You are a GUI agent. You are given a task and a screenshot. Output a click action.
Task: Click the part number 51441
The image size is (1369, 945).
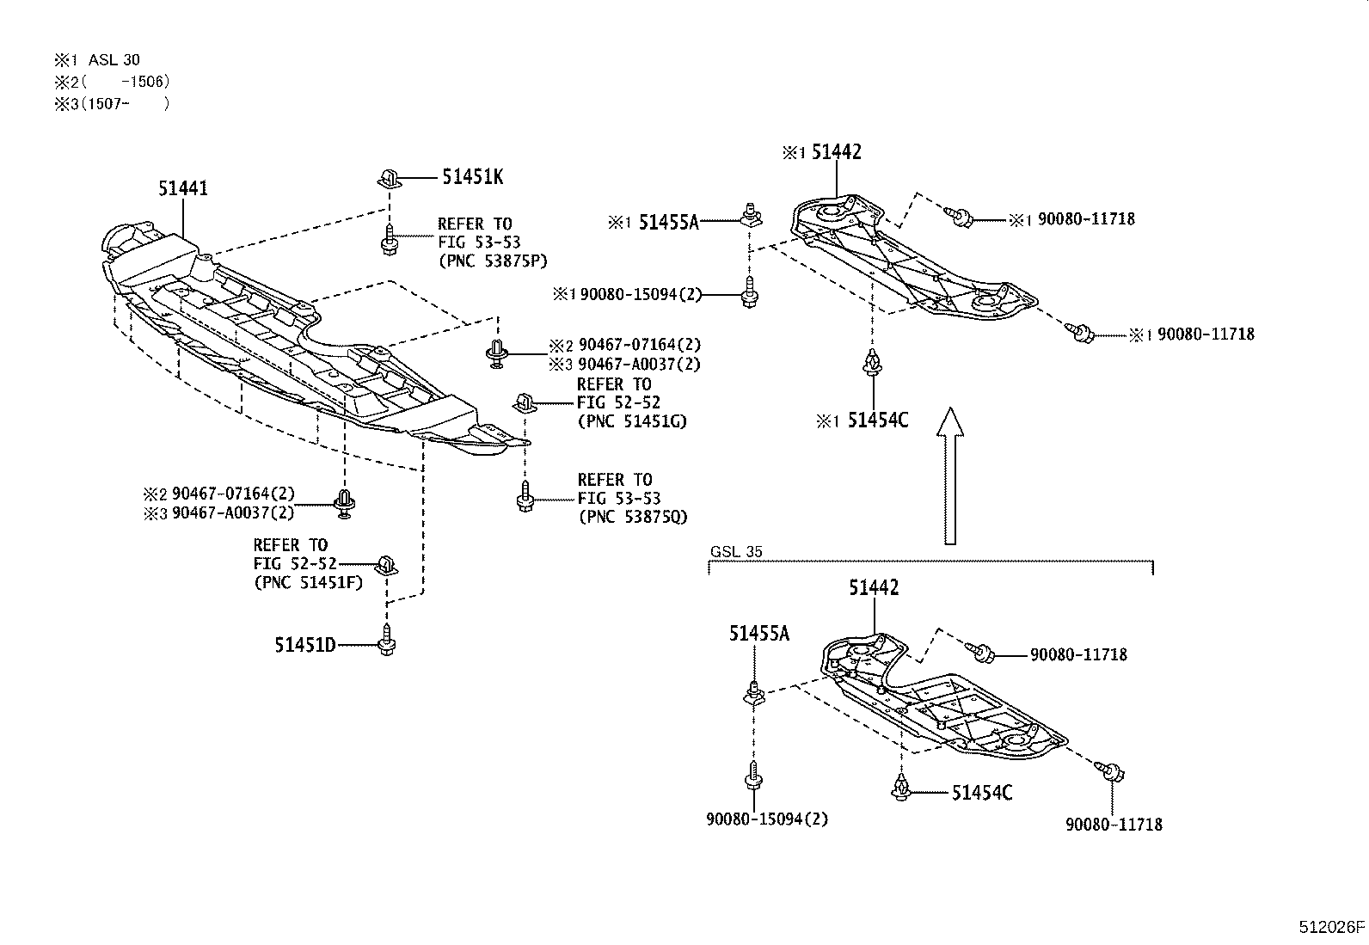tap(182, 187)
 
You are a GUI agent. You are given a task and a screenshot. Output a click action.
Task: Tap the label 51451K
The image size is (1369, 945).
tap(472, 177)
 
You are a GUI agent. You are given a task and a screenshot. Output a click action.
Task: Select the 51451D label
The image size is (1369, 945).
tap(305, 644)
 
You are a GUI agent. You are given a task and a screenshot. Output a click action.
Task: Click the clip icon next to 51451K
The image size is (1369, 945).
tap(389, 179)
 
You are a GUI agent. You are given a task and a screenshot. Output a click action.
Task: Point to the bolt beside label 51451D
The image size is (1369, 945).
tap(386, 641)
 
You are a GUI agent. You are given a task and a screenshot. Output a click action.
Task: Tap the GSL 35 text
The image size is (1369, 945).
tap(736, 552)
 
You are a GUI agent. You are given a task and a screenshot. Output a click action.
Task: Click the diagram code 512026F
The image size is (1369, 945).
tap(1331, 927)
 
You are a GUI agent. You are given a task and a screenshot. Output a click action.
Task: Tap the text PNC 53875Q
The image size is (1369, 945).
tap(632, 516)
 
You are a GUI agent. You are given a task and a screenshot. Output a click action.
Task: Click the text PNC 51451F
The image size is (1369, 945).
tap(307, 582)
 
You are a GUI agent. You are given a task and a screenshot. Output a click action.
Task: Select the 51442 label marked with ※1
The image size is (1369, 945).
tap(836, 152)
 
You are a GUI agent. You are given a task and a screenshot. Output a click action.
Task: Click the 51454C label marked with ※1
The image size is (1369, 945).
tap(877, 420)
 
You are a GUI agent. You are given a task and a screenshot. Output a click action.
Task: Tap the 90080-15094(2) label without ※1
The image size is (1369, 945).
tap(767, 819)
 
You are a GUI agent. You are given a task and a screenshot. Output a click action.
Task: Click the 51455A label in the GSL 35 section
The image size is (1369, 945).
tap(758, 634)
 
